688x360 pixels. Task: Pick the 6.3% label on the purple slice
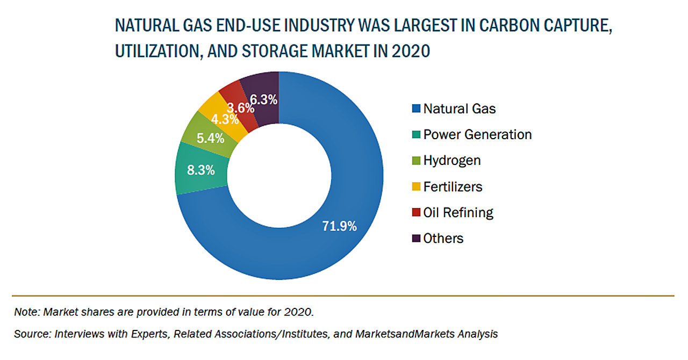[x=264, y=99]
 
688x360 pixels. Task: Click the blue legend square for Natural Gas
[x=415, y=109]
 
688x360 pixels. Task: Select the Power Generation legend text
[x=477, y=134]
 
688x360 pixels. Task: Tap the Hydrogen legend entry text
[x=452, y=160]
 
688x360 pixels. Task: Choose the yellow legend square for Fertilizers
[x=415, y=187]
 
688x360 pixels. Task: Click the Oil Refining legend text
[x=458, y=212]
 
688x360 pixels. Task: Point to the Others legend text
[x=443, y=238]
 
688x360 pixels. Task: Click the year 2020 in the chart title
[x=411, y=52]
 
